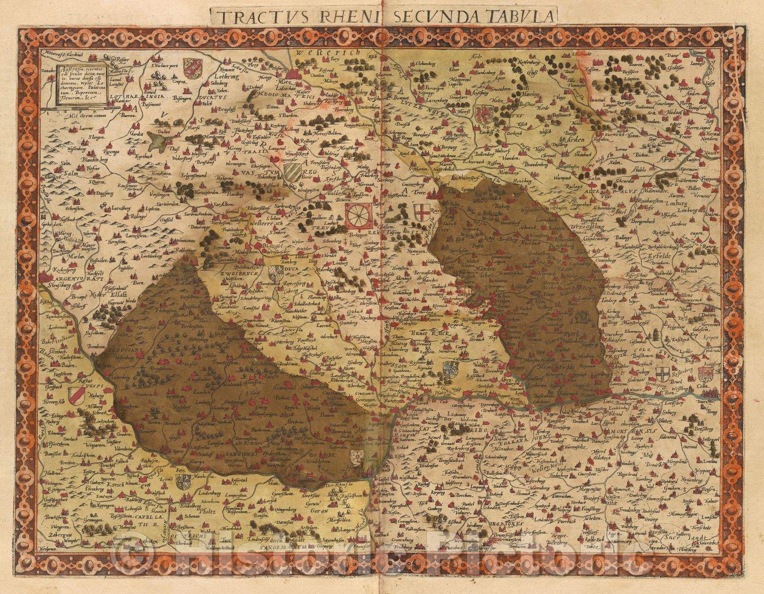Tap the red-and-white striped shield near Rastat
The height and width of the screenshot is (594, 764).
coord(77,394)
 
